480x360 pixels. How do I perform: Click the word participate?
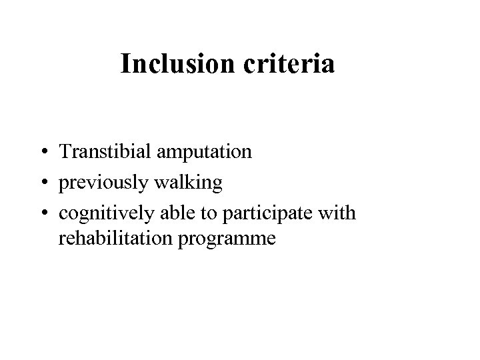[x=263, y=211]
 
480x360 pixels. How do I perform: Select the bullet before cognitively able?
[x=42, y=212]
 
